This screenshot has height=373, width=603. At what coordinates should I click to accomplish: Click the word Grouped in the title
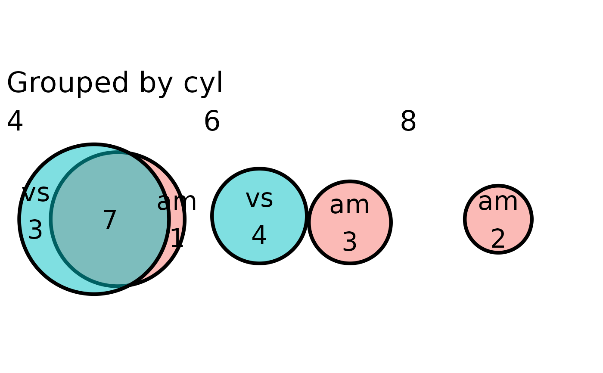(x=68, y=83)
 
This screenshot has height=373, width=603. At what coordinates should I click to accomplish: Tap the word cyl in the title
(x=203, y=83)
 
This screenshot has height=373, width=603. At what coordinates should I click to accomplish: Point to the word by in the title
(x=155, y=83)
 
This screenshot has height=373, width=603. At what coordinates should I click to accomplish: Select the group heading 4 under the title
(x=15, y=122)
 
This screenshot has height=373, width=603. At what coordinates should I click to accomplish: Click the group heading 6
(x=212, y=122)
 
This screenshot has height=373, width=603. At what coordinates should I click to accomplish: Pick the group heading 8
(x=408, y=122)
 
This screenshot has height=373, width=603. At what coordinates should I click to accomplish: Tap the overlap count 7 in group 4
(x=110, y=221)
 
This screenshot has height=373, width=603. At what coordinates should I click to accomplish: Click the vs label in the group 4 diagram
(x=35, y=193)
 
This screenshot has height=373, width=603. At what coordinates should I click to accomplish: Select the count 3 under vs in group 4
(x=35, y=230)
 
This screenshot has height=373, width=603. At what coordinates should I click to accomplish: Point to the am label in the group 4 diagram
(x=177, y=202)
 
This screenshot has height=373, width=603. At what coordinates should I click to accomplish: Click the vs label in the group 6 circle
(x=259, y=199)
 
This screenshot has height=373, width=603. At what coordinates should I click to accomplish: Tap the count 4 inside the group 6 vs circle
(x=259, y=236)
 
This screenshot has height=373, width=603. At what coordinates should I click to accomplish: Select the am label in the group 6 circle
(x=349, y=205)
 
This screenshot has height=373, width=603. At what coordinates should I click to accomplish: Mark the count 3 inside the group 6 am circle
(x=350, y=242)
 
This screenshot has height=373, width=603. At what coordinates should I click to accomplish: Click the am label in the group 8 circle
(x=498, y=202)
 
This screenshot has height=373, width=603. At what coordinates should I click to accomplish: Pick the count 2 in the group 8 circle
(x=498, y=239)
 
